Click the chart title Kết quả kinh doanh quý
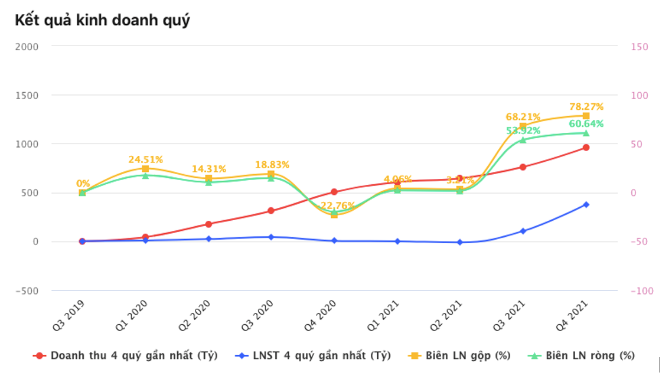102,20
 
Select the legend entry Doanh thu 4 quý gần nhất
134,356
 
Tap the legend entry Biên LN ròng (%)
589,356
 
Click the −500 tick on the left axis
25,290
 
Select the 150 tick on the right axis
640,47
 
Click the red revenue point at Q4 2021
586,147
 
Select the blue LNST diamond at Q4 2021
586,204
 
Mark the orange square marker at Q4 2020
334,215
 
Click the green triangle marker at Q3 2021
523,140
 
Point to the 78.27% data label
586,107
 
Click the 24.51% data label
145,159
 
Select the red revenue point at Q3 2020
271,211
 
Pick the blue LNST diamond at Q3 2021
523,231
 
